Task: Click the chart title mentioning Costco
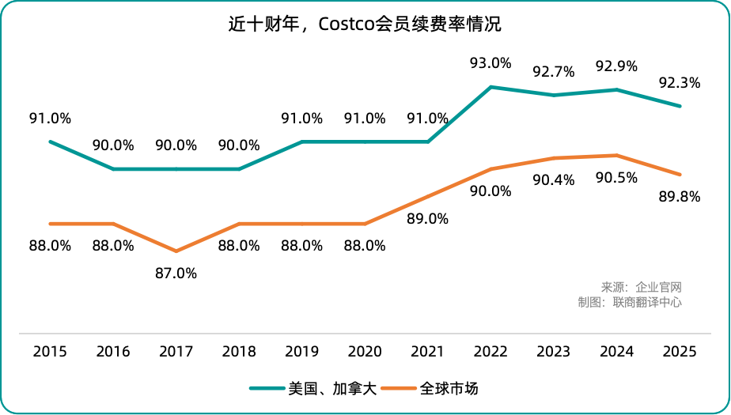365,25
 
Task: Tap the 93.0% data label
490,63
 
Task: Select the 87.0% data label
176,274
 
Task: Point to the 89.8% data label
680,197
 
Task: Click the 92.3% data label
680,82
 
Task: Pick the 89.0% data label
428,218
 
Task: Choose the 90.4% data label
554,180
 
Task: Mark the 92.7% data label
554,72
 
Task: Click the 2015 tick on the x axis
50,352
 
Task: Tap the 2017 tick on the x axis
176,352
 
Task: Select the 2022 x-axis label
490,352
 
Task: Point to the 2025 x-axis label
680,352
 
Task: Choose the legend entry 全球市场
449,388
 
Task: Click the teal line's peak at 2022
491,87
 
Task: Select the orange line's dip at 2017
176,251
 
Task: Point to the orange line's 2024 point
617,155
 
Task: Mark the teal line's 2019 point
301,141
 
